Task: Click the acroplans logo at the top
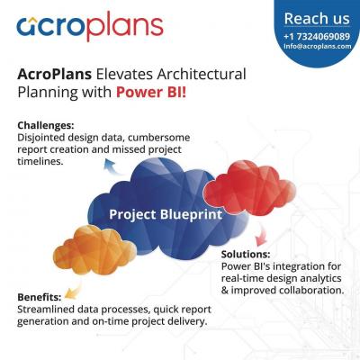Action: coord(90,26)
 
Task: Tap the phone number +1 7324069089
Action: coord(317,37)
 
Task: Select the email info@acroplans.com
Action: coord(318,46)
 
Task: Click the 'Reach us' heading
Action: coord(317,19)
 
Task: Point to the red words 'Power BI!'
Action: coord(151,92)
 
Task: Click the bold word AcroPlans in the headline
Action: coord(54,74)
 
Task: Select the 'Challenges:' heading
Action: coord(46,125)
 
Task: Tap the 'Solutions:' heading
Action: coord(246,254)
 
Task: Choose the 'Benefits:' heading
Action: coord(40,297)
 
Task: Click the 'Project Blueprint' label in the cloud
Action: coord(166,214)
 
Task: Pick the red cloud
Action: coord(249,188)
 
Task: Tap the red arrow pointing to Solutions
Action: coord(261,236)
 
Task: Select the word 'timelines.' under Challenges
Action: coord(40,161)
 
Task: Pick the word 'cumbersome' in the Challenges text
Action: coord(160,138)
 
